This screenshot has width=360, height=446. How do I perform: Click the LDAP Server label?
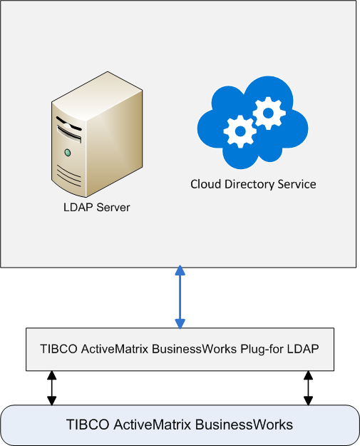(97, 207)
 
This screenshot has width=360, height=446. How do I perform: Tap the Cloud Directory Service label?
(253, 184)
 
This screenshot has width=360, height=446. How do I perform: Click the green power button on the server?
(68, 153)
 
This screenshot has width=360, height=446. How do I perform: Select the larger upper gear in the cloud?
(269, 113)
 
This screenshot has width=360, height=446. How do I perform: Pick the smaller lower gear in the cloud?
(240, 131)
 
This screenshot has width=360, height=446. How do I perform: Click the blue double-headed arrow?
(180, 297)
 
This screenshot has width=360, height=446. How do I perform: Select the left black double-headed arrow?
(52, 388)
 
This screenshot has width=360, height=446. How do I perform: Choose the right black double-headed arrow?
(308, 388)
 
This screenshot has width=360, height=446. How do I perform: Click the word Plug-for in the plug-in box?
(262, 349)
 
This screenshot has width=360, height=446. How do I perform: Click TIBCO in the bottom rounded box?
(88, 425)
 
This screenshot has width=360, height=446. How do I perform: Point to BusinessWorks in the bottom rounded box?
(244, 425)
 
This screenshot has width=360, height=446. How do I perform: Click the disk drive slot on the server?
(69, 133)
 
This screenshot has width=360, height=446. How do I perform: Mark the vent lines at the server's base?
(68, 176)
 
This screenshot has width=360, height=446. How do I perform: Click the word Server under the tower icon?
(113, 207)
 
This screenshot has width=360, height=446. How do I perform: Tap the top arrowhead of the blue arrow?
(180, 270)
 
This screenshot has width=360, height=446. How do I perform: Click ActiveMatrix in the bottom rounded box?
(152, 425)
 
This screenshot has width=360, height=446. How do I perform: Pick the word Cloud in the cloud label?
(206, 184)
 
